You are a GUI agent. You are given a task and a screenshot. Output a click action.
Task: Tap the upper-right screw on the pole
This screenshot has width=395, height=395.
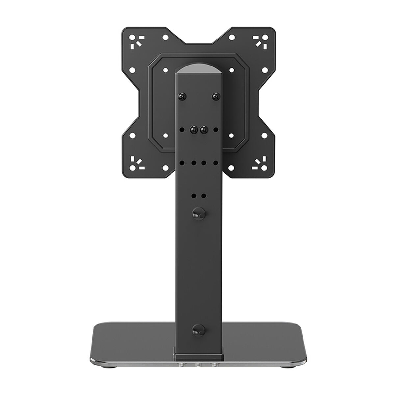click(215, 96)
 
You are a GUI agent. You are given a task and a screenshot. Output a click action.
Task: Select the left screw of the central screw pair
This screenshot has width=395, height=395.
click(193, 129)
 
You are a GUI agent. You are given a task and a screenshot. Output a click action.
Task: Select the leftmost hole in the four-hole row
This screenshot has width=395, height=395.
click(181, 163)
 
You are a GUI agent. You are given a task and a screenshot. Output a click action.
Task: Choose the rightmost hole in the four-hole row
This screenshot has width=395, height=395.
click(215, 163)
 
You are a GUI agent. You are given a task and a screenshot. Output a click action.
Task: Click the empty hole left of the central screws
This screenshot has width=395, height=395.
click(181, 129)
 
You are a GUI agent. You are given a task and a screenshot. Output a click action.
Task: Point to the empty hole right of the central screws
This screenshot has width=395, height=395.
click(215, 129)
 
